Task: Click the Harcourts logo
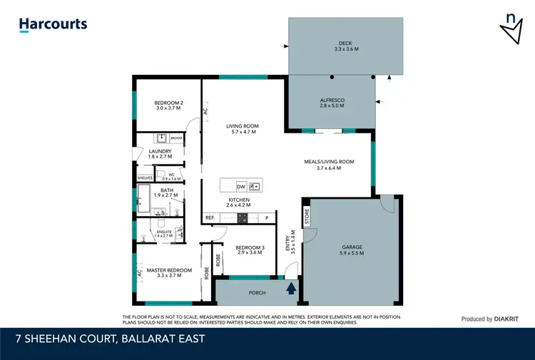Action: [53, 24]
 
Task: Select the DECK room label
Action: [346, 46]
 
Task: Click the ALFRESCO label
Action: [332, 103]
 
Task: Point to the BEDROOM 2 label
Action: [168, 106]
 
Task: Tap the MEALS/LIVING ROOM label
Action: [325, 165]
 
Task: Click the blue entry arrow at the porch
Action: [291, 289]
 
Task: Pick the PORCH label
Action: [257, 292]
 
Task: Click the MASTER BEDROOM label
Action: [169, 273]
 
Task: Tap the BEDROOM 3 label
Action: [250, 250]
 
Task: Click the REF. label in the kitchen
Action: [210, 217]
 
